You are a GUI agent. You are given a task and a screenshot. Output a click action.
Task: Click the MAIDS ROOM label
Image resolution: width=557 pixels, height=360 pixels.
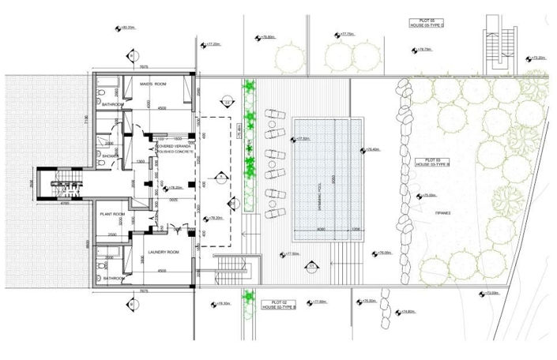[x=152, y=83]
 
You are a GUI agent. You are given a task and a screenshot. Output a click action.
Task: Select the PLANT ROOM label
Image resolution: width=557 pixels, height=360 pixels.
[x=108, y=214]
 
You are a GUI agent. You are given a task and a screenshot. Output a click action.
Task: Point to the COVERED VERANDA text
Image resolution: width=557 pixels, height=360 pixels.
[x=174, y=145]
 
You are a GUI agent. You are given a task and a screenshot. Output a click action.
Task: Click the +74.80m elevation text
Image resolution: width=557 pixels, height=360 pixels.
[x=406, y=311]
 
